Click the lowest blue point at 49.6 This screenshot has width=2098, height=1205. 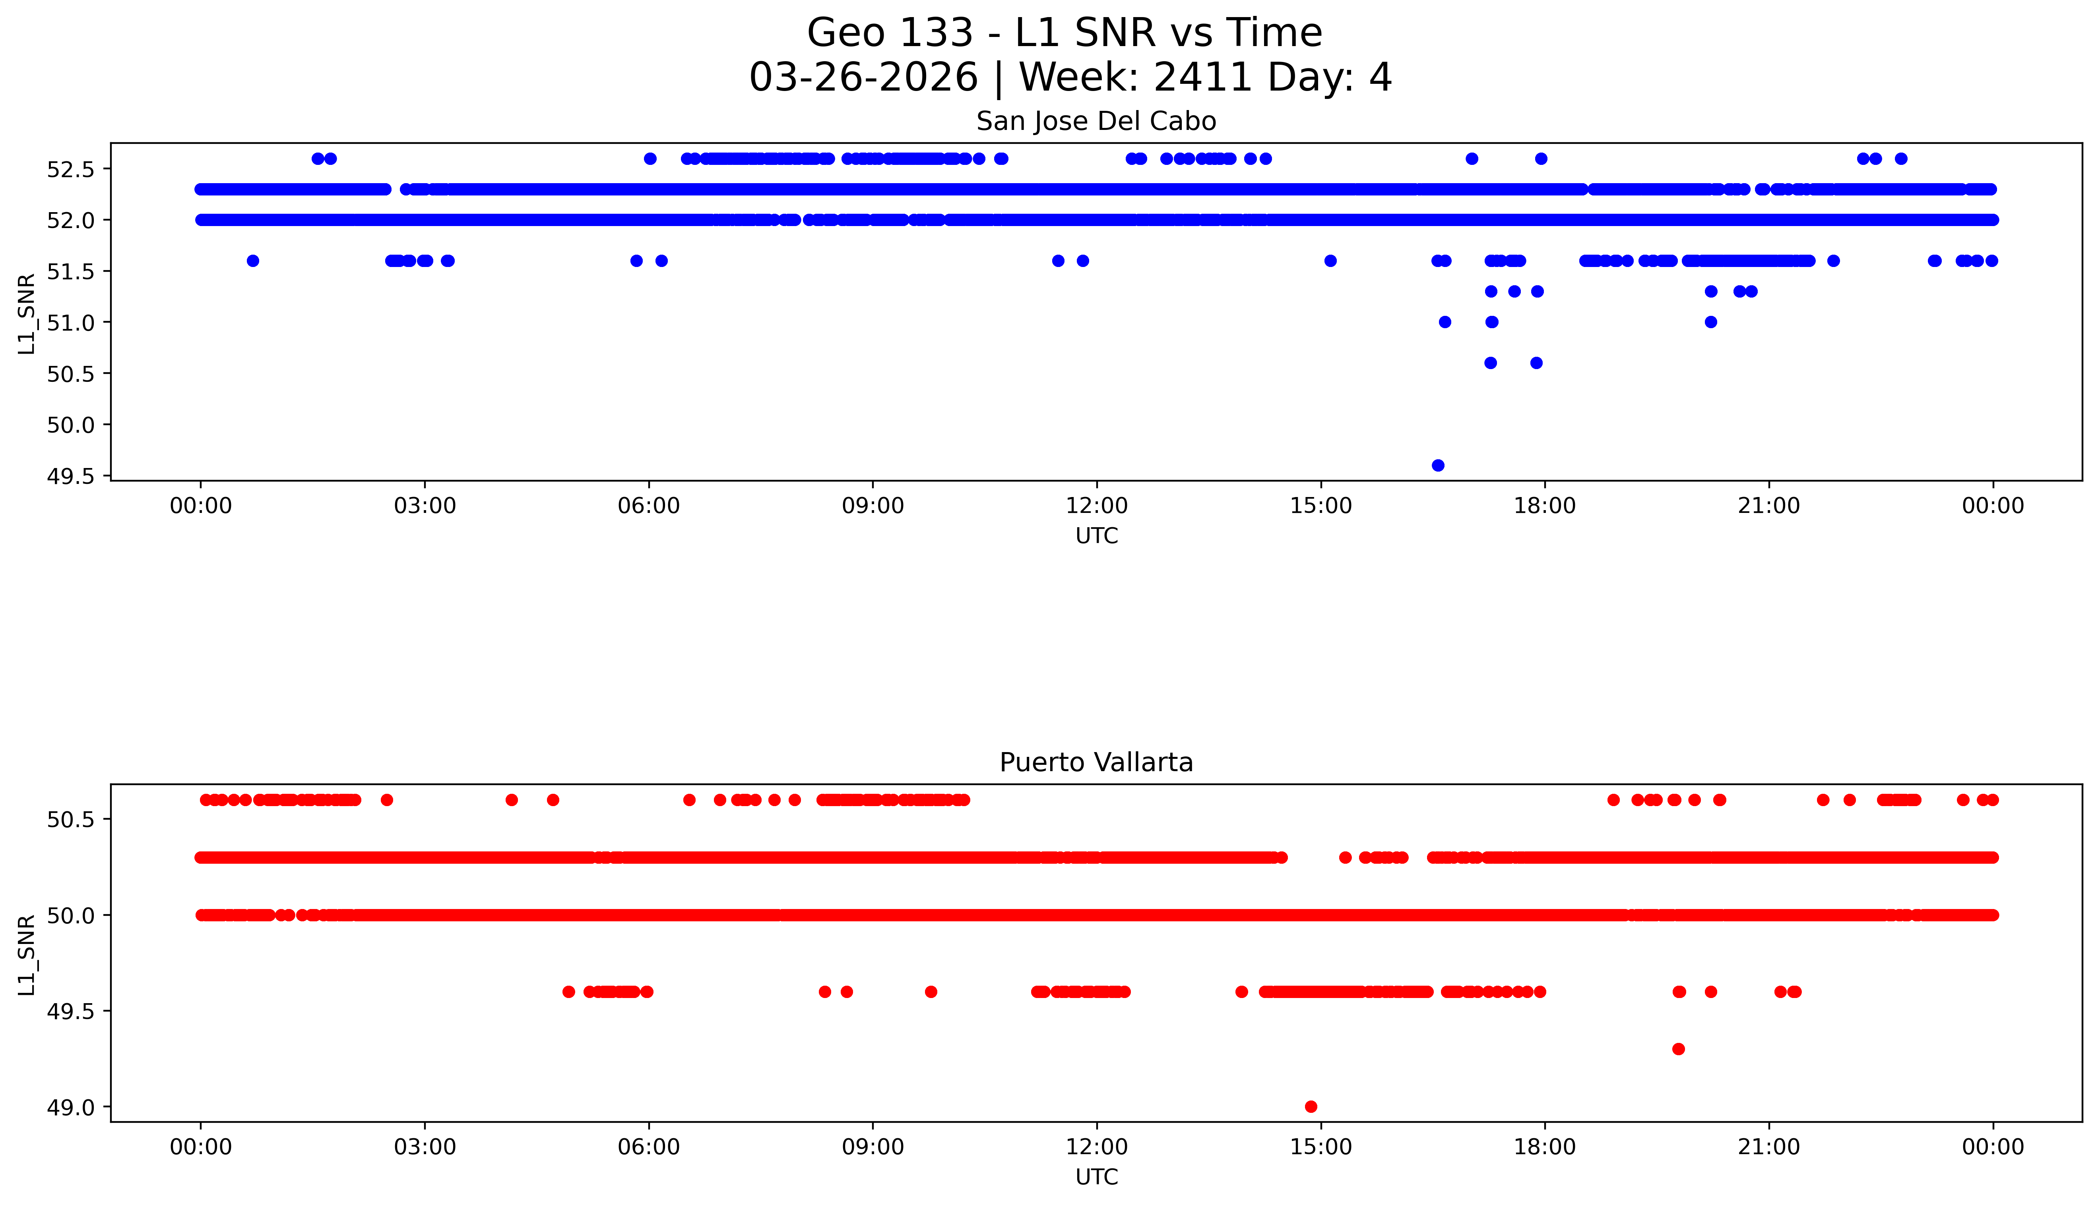pos(1438,465)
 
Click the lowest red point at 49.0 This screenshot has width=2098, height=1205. pos(1311,1106)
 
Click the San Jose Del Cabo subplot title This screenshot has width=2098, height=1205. pos(1096,122)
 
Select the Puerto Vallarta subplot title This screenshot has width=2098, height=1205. pos(1096,762)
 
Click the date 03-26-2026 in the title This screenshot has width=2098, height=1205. pos(863,78)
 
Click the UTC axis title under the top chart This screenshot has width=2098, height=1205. pos(1096,536)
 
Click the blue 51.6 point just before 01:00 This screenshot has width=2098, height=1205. pos(252,261)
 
